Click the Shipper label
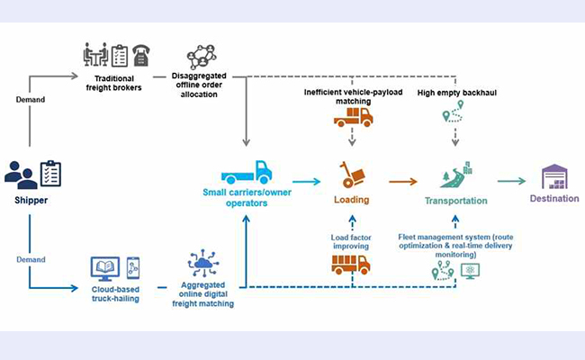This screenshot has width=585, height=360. (x=32, y=201)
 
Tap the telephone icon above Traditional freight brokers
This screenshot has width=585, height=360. (x=141, y=56)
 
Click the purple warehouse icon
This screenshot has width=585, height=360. (x=554, y=176)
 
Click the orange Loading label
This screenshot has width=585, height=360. (x=352, y=201)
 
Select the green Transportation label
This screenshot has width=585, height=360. (x=456, y=201)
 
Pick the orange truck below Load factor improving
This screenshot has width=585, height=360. (x=350, y=265)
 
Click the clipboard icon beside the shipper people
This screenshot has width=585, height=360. (x=50, y=173)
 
